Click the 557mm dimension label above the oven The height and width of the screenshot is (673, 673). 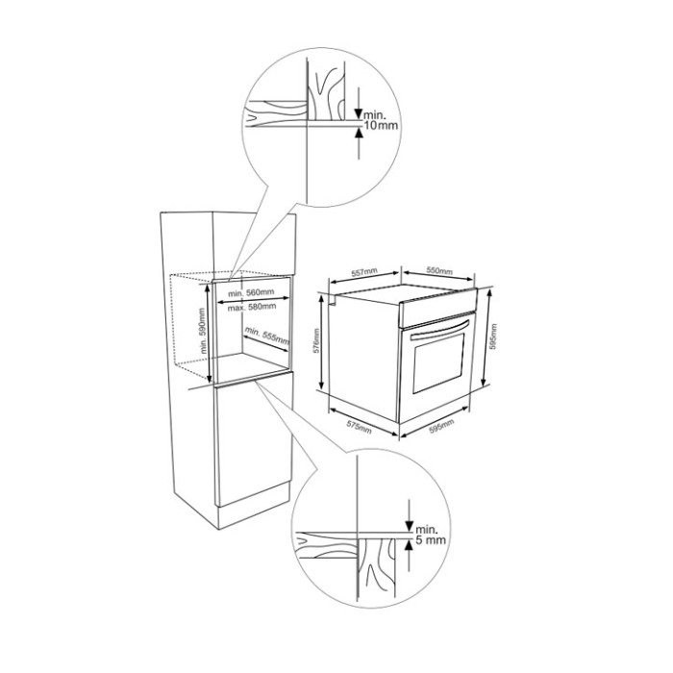click(361, 272)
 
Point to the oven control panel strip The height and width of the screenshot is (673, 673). click(437, 312)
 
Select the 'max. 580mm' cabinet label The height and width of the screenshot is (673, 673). click(252, 308)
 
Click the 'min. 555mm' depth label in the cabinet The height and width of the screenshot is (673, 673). click(266, 337)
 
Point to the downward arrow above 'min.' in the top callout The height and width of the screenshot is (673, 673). click(359, 98)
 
